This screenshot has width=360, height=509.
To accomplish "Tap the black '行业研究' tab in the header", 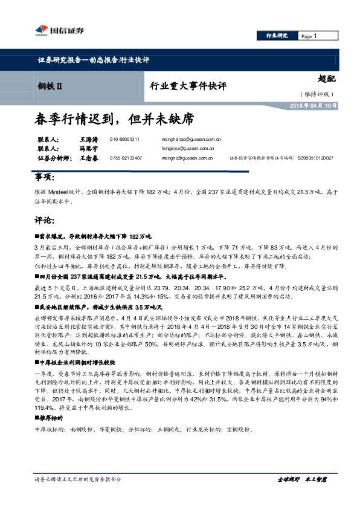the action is pos(277,36).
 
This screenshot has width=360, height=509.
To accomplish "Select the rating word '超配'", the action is pos(326,78).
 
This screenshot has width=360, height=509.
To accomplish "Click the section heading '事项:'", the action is pos(45,178).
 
